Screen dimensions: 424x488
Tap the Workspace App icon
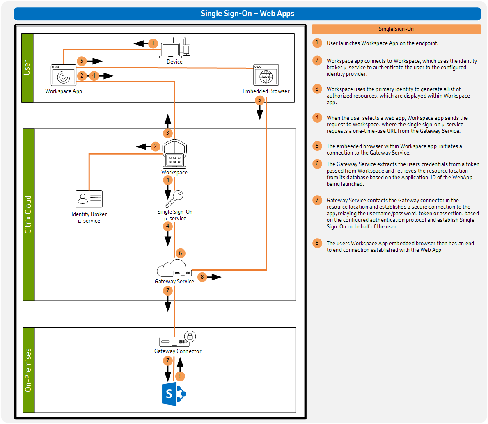(x=64, y=75)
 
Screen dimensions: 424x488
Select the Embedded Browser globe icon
(x=266, y=75)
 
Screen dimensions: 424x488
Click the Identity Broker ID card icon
(x=89, y=199)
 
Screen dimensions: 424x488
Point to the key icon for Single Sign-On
(x=174, y=199)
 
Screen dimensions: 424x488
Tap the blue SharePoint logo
(x=174, y=394)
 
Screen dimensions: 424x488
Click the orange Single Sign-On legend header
(x=396, y=29)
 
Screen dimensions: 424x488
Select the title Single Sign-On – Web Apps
(x=247, y=14)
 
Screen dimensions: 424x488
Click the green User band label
(x=27, y=68)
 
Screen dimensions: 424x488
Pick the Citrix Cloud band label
(x=28, y=214)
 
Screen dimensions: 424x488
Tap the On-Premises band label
(x=28, y=370)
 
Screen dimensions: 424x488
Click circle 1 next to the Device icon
(x=153, y=43)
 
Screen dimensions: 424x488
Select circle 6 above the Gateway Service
(x=180, y=253)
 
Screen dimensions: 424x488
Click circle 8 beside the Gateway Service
(x=202, y=277)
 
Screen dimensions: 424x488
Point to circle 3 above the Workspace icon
(x=167, y=133)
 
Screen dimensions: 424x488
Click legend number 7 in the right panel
(x=317, y=200)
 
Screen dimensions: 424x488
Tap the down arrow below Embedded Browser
(x=259, y=113)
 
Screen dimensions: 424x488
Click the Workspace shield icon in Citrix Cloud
(x=174, y=154)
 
